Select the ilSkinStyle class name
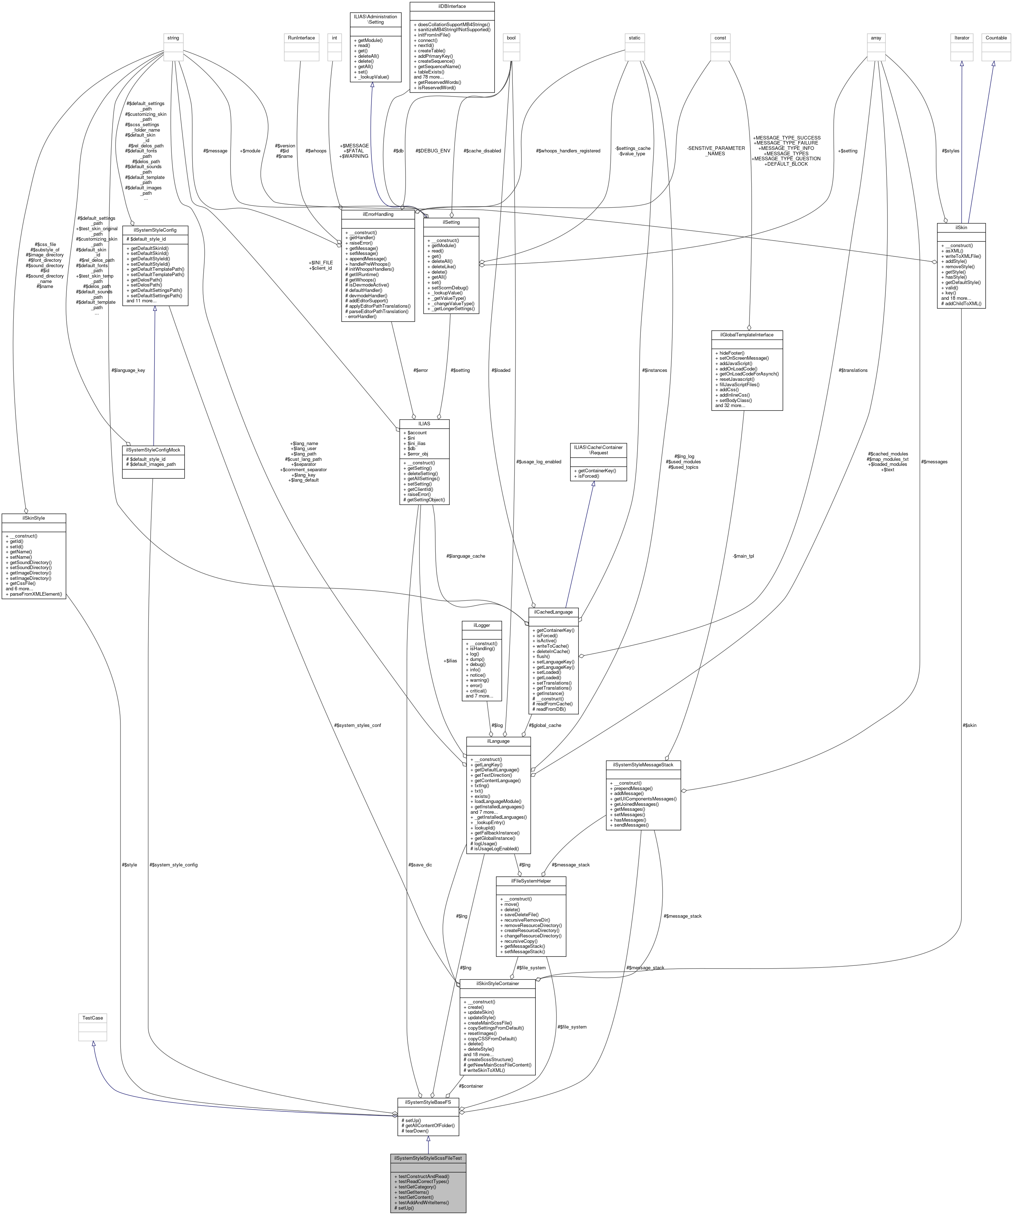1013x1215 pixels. point(34,518)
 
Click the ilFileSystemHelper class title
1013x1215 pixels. point(530,880)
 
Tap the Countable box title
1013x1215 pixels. point(996,38)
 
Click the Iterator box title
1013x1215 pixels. point(961,38)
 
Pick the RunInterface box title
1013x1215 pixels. point(302,38)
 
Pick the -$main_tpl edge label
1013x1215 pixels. point(743,556)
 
